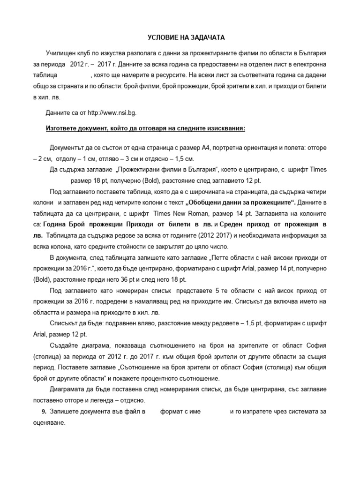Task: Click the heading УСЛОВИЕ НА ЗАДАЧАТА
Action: point(179,37)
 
